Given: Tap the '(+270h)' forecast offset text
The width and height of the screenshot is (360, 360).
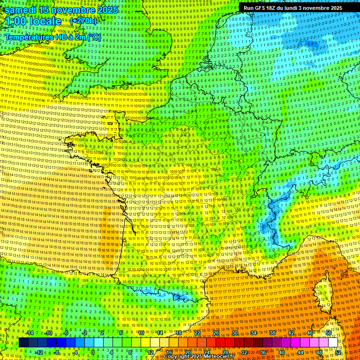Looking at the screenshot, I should pyautogui.click(x=83, y=21).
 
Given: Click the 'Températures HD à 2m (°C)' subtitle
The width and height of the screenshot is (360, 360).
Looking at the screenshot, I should pyautogui.click(x=52, y=37).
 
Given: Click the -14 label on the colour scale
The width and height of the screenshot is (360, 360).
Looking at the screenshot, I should pyautogui.click(x=30, y=333).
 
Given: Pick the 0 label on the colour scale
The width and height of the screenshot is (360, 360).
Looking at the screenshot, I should pyautogui.click(x=92, y=352).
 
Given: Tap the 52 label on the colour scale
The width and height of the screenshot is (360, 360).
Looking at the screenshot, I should pyautogui.click(x=338, y=352).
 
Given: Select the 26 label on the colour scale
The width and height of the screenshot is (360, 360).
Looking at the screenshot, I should pyautogui.click(x=216, y=333).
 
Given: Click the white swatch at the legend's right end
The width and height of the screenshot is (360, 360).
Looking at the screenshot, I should pyautogui.click(x=333, y=343).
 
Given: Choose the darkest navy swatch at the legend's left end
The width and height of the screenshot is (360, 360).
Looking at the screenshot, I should pyautogui.click(x=23, y=343).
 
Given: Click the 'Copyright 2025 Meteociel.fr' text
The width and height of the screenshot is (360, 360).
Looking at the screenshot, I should pyautogui.click(x=199, y=357).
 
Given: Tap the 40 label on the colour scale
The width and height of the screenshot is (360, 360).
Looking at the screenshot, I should pyautogui.click(x=282, y=352).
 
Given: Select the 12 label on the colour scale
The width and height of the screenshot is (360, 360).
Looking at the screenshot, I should pyautogui.click(x=150, y=352).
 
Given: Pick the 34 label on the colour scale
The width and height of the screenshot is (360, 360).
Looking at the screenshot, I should pyautogui.click(x=253, y=333).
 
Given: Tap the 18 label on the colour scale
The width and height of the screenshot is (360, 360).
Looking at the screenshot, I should pyautogui.click(x=178, y=333).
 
